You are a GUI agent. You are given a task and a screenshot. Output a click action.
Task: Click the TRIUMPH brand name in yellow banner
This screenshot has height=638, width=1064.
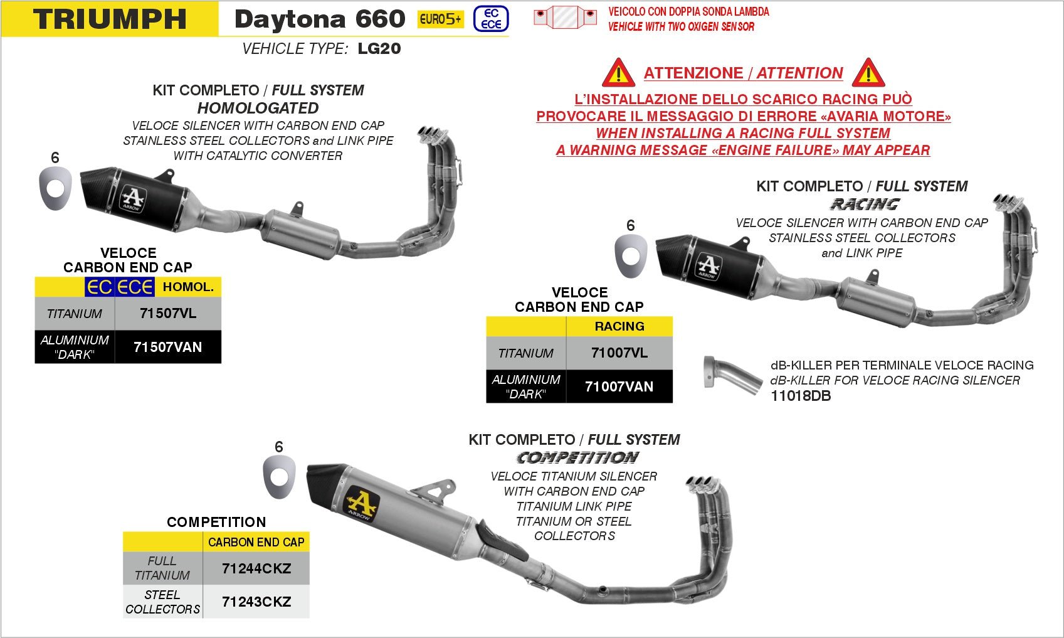(110, 19)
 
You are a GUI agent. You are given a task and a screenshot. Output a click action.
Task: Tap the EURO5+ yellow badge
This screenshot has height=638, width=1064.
(440, 19)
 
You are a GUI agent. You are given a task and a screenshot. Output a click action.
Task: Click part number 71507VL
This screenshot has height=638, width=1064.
(168, 313)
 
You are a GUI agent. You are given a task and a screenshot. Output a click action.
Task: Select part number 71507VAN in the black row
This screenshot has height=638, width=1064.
(168, 347)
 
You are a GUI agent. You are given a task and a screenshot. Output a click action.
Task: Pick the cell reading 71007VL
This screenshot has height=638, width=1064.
(619, 353)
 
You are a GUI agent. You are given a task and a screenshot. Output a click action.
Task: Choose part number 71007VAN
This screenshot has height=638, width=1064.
(619, 386)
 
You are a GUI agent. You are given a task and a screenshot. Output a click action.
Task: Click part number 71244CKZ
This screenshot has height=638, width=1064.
(256, 568)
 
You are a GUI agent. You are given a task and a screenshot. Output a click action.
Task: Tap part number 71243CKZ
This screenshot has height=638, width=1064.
(256, 602)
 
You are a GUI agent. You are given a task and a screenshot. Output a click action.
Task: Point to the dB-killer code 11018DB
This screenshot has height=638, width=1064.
(801, 396)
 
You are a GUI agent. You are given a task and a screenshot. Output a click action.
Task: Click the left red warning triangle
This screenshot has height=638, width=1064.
(618, 73)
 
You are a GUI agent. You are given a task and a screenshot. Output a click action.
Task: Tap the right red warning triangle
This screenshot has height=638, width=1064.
(868, 73)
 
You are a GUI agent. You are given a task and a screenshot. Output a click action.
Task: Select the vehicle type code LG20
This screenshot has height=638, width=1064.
(379, 48)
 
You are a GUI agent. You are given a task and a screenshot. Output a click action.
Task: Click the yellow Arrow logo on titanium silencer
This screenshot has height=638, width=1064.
(362, 504)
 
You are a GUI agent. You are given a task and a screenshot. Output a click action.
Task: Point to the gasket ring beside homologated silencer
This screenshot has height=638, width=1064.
(55, 189)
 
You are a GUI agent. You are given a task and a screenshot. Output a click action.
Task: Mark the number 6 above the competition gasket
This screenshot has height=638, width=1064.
(279, 447)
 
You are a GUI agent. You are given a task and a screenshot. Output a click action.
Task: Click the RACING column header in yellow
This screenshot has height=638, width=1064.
(619, 326)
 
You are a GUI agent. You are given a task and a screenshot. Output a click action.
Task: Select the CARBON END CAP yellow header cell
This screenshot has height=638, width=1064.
(256, 542)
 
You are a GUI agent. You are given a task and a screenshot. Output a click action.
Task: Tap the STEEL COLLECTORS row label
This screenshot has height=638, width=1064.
(162, 602)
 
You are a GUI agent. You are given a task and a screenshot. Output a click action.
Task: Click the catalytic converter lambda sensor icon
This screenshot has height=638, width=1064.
(565, 17)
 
